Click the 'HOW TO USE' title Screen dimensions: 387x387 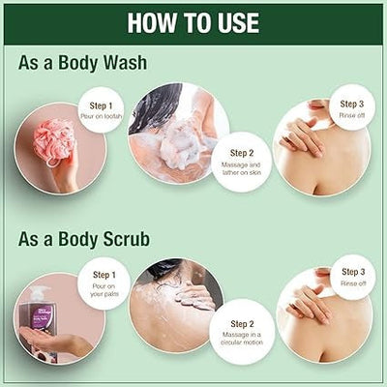pos(193,22)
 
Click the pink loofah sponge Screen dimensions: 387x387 pos(52,140)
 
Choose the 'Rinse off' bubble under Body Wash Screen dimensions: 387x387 pos(352,110)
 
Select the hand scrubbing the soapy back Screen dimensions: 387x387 pos(197,294)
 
